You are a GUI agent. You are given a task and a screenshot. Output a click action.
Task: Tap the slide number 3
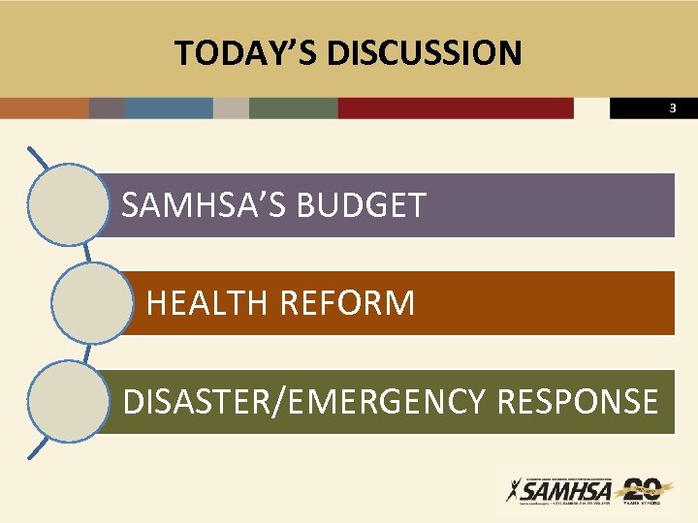pos(672,108)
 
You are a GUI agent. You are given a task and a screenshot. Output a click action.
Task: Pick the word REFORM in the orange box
pos(346,303)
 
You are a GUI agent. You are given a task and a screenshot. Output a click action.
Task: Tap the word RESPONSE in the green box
pos(577,401)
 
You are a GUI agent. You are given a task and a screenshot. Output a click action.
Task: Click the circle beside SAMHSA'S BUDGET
pos(69,204)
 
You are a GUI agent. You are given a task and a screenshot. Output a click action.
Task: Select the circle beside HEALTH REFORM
pos(90,303)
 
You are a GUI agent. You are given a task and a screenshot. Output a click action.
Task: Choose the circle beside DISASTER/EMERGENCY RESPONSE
pos(69,401)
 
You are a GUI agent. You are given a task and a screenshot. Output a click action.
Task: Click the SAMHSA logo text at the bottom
pos(568,491)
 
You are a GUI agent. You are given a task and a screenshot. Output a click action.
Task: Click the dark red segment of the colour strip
pos(456,108)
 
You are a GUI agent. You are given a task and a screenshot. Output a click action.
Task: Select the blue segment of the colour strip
pos(169,108)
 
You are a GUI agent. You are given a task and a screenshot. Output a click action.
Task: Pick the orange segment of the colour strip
pos(44,108)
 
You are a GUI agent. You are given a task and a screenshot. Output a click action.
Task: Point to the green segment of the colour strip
pos(293,108)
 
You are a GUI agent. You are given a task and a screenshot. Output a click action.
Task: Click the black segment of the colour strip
pos(640,108)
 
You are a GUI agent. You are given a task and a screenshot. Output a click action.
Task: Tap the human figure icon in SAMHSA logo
pos(514,490)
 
